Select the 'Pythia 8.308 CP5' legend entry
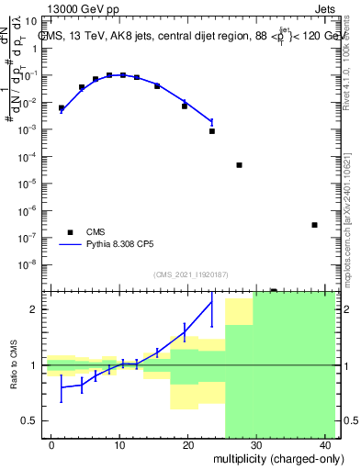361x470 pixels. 106,245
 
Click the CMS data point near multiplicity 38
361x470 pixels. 314,225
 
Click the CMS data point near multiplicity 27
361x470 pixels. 239,165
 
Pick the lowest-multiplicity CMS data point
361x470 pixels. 62,108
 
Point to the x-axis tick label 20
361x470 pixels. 186,445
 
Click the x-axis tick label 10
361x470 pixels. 118,445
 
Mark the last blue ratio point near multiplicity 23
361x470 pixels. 212,302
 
